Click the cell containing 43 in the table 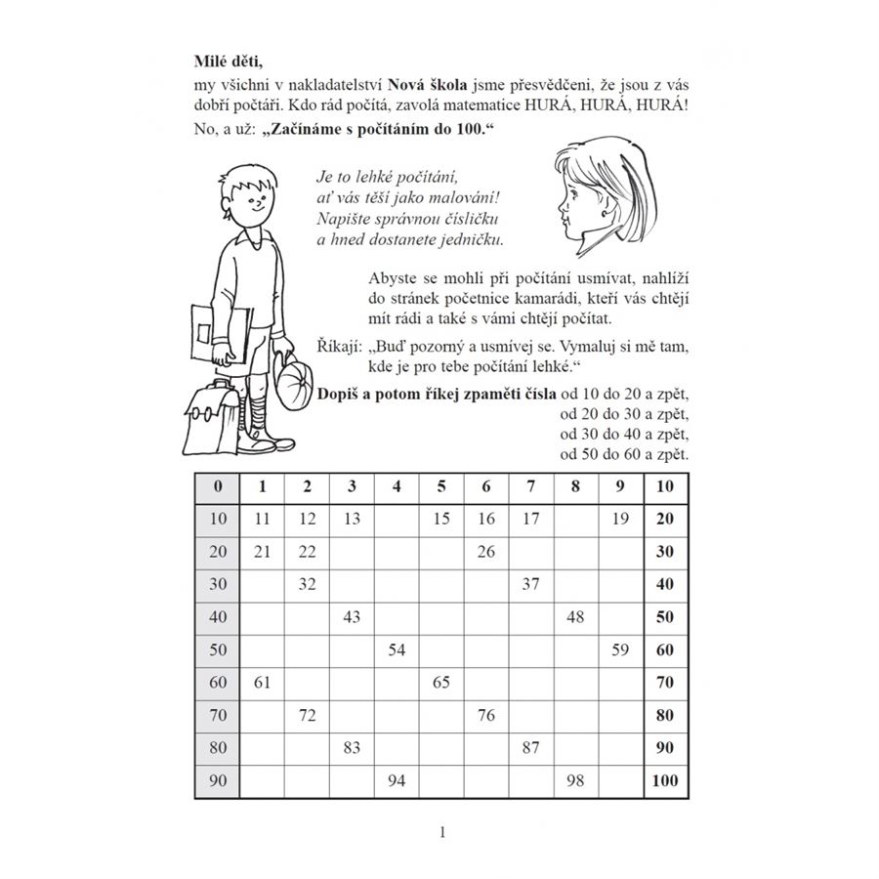[352, 617]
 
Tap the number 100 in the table [665, 780]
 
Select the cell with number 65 [441, 683]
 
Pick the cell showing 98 [575, 780]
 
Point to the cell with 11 [262, 519]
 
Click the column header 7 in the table [530, 486]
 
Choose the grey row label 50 [217, 649]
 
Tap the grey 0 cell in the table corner [217, 486]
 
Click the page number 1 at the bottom [442, 833]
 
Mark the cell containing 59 [619, 649]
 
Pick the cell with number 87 [530, 748]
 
